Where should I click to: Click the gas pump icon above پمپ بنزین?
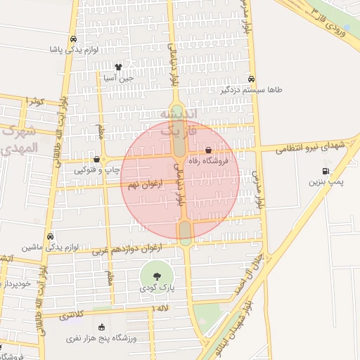pos(325,171)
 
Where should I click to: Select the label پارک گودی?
pos(156,288)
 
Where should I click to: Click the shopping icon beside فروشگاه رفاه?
pos(209,150)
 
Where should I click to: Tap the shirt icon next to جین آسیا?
pos(118,67)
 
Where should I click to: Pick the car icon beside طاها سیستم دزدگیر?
pos(252,79)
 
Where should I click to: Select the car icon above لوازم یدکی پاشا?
pos(74,39)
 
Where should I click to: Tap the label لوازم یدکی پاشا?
pos(74,50)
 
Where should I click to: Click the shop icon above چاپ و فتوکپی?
pos(96,159)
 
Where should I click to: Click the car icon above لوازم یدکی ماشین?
pos(49,236)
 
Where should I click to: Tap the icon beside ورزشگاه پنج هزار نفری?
pos(102,327)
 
